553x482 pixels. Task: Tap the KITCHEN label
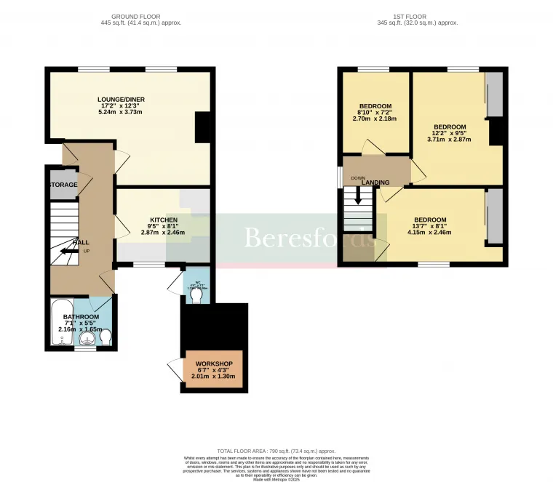164,220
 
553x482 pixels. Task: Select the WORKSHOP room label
213,363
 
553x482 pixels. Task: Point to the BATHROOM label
80,317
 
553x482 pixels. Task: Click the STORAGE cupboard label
63,185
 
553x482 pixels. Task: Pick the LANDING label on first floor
375,182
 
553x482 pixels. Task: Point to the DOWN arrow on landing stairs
357,197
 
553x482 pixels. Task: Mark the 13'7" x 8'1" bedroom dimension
430,226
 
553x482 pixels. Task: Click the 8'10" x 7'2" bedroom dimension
375,113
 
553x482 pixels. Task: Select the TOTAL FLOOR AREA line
276,451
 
